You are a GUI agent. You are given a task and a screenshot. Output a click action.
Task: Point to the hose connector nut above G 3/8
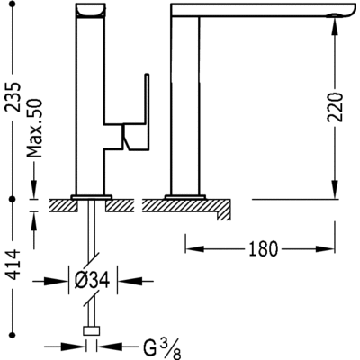[x=91, y=331]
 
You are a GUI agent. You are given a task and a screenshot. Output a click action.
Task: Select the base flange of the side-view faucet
[x=91, y=195]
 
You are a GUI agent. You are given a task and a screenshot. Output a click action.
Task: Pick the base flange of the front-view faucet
[x=184, y=195]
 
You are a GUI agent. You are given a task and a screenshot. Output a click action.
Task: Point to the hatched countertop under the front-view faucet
[x=180, y=204]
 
